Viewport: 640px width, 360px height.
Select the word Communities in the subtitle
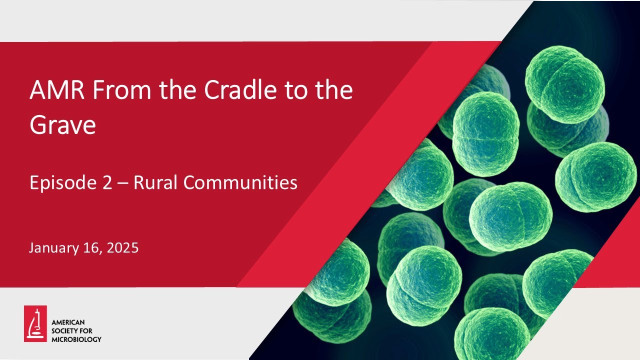[240, 183]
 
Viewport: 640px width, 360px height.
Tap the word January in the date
[51, 248]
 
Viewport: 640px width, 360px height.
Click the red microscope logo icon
[35, 323]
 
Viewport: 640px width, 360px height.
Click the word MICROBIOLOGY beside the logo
[76, 339]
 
